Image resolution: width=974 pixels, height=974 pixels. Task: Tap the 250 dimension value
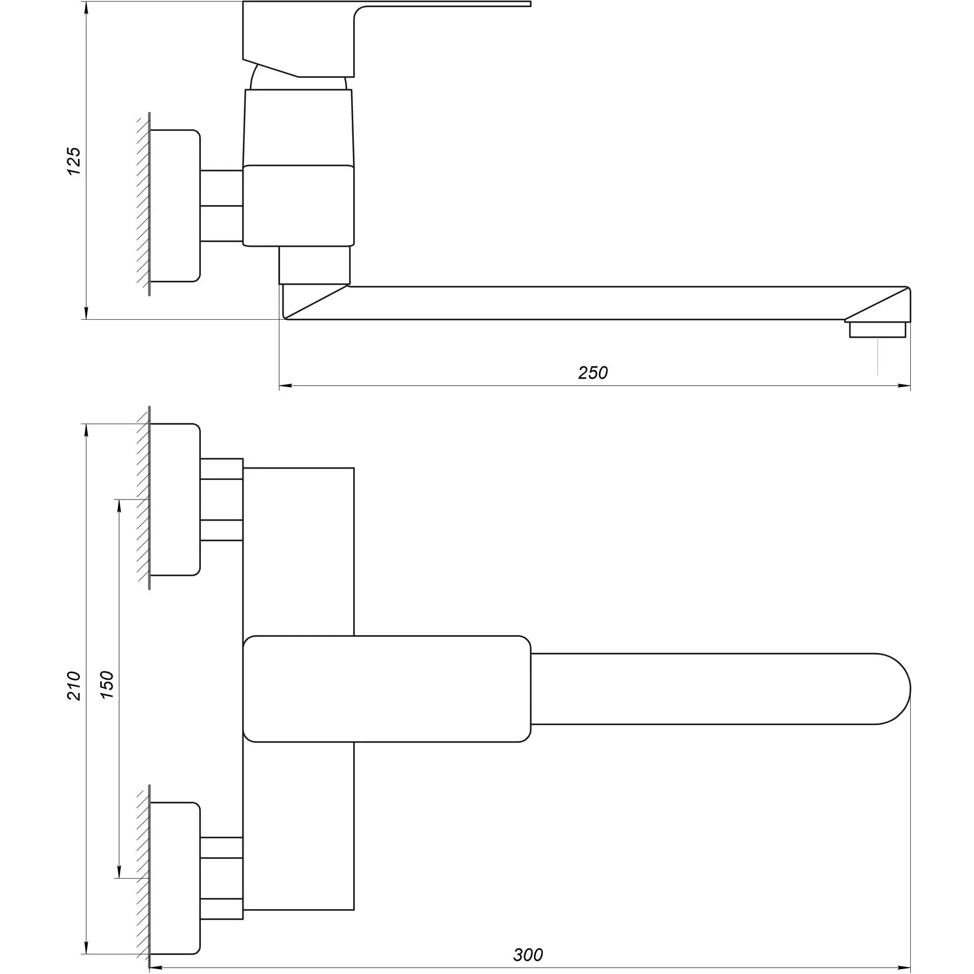[x=593, y=373]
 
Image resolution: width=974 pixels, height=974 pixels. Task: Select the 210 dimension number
[x=74, y=686]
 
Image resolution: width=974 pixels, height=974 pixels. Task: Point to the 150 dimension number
[x=107, y=685]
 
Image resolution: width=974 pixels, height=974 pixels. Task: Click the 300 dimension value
[x=528, y=955]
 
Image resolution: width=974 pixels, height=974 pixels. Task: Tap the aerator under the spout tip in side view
[x=877, y=330]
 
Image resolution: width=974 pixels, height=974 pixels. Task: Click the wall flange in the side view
[x=174, y=206]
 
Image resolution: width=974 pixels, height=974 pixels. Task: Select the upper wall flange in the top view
[x=174, y=499]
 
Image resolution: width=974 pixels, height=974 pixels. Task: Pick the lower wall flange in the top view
[x=174, y=878]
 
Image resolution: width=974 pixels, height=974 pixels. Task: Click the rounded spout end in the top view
[x=893, y=689]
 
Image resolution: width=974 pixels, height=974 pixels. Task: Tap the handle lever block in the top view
[x=386, y=689]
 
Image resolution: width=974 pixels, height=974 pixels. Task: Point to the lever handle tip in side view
[x=519, y=4]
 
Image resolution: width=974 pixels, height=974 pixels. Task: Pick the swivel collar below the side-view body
[x=314, y=265]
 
